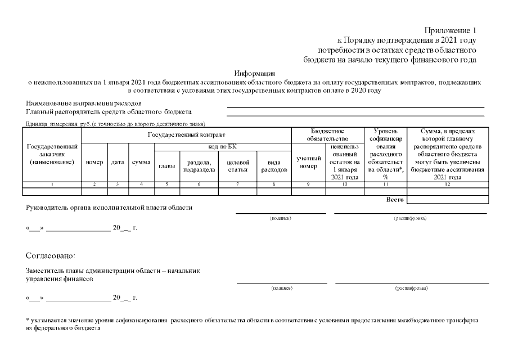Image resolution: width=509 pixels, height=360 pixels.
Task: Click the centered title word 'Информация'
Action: [x=254, y=73]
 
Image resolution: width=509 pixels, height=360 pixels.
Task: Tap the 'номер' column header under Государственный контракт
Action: [x=94, y=162]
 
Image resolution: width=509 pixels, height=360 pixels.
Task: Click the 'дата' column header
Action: [x=118, y=162]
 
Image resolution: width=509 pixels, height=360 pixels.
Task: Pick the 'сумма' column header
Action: [x=141, y=162]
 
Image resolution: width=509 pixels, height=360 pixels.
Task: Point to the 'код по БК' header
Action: [x=222, y=146]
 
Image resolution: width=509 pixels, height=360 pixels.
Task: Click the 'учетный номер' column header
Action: [x=308, y=162]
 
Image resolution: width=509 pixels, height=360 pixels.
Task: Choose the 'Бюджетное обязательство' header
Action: [x=328, y=135]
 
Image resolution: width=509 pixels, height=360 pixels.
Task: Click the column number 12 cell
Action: [x=447, y=184]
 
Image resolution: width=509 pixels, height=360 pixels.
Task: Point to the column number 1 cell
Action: [x=52, y=184]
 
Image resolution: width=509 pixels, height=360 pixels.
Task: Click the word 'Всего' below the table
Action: [x=395, y=200]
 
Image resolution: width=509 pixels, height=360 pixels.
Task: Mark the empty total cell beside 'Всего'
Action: [x=447, y=199]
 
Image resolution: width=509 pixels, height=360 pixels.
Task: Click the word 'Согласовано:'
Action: [x=50, y=256]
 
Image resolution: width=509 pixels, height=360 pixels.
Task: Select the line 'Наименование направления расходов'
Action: [x=84, y=103]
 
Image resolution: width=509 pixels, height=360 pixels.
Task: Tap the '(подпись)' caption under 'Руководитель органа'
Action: [x=281, y=218]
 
